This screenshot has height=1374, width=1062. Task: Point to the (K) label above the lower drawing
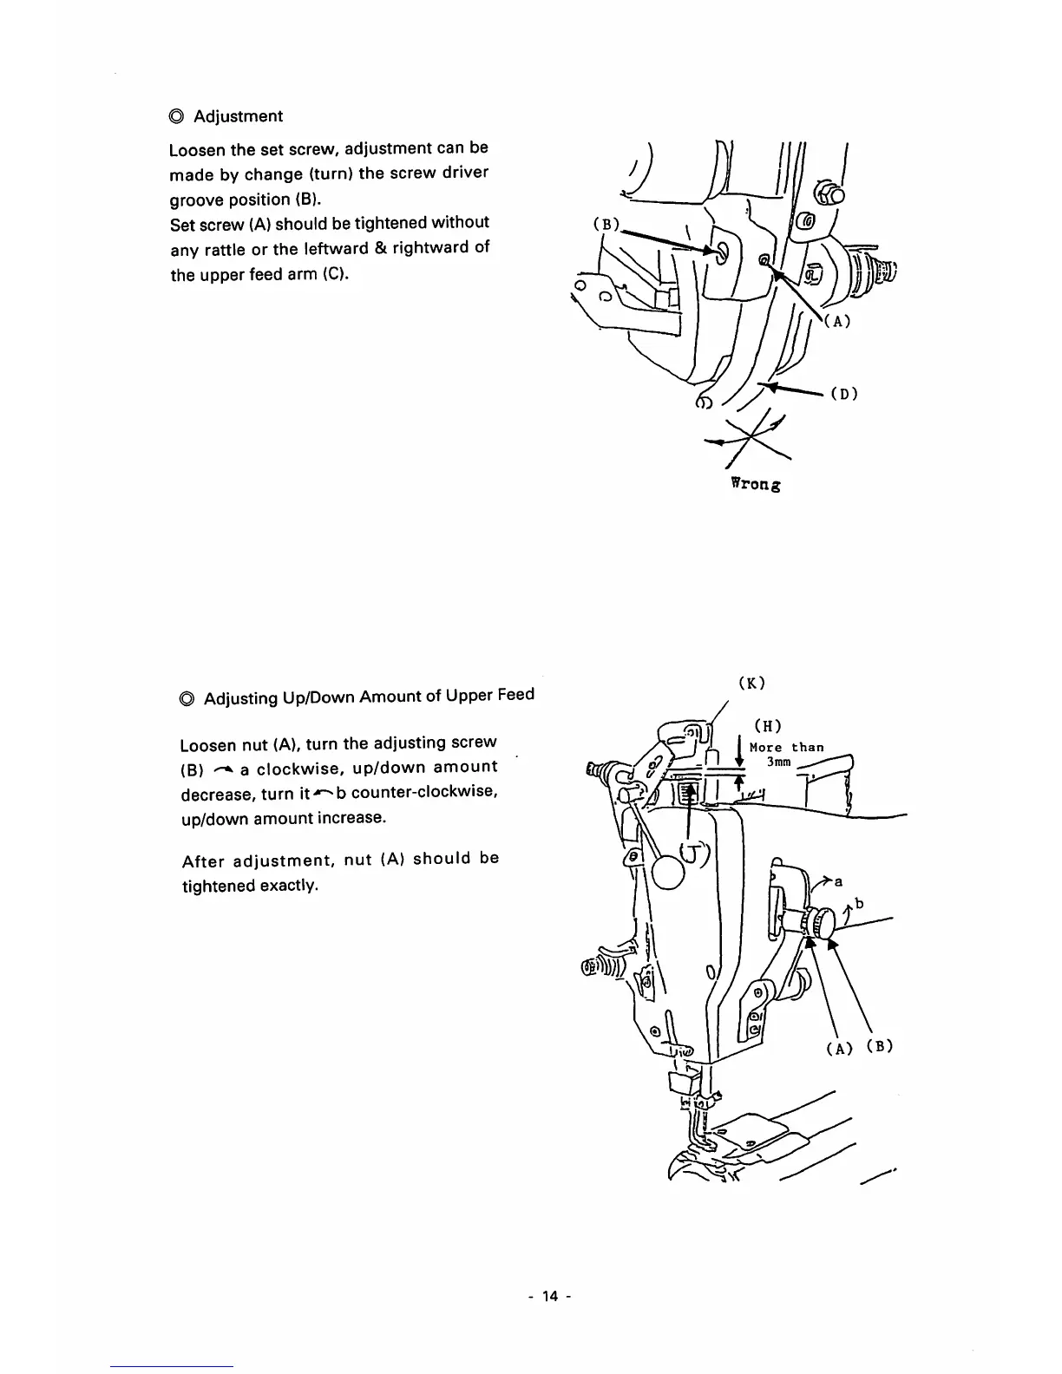click(751, 683)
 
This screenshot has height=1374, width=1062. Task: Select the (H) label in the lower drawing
click(768, 726)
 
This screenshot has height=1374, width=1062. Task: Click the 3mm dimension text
click(778, 762)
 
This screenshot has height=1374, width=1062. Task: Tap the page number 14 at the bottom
click(550, 1296)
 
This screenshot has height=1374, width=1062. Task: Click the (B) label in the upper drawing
click(605, 224)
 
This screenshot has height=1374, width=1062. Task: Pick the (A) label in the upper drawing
click(836, 320)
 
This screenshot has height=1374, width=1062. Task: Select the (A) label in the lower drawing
click(838, 1048)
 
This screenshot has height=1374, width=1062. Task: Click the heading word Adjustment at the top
click(238, 116)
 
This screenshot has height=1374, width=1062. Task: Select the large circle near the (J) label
click(668, 872)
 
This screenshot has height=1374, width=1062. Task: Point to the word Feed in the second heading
click(516, 694)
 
